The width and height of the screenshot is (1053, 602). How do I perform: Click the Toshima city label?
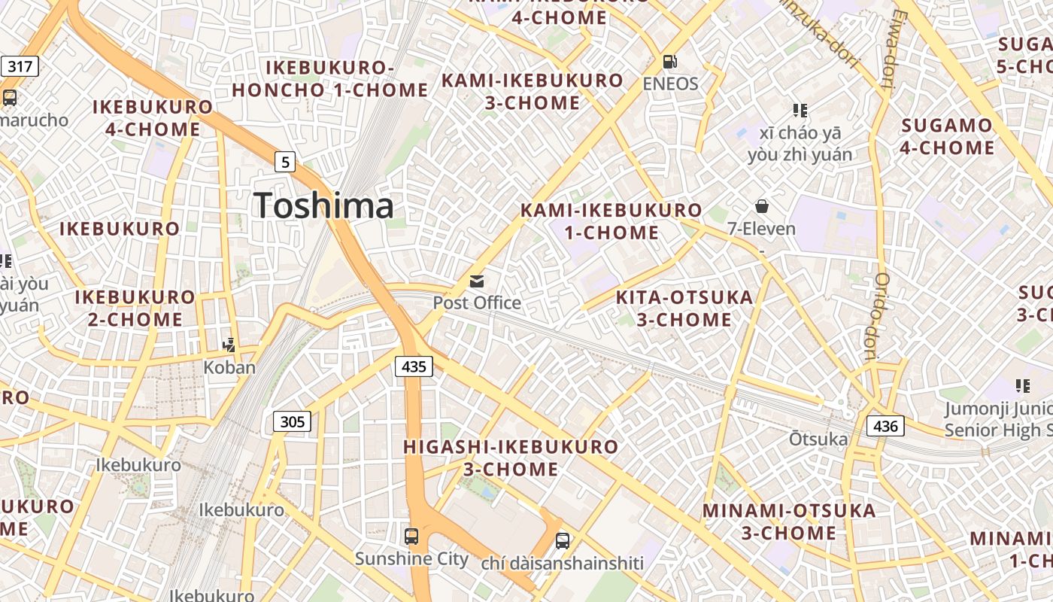click(323, 205)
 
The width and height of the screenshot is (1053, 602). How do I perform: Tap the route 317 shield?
click(20, 66)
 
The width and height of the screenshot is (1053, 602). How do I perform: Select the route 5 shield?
click(284, 161)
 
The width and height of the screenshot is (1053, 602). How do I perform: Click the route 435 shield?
click(414, 366)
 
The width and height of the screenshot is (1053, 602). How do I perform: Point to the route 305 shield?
click(292, 421)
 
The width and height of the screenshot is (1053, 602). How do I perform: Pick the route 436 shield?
click(885, 426)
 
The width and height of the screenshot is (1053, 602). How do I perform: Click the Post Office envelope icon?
click(477, 281)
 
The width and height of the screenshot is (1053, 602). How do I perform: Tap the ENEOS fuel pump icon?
click(669, 61)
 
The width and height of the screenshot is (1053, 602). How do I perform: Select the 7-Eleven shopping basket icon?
click(762, 206)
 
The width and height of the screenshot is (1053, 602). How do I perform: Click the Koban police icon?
click(229, 345)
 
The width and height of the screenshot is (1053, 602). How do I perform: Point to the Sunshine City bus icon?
click(411, 537)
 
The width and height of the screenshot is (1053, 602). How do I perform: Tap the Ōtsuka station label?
click(818, 438)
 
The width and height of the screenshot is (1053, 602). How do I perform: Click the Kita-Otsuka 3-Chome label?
click(684, 309)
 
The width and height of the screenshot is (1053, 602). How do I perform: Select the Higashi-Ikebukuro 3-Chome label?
click(511, 458)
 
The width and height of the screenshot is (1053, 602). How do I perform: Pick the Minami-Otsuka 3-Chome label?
click(789, 521)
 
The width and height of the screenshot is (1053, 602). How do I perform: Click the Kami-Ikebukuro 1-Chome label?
click(611, 221)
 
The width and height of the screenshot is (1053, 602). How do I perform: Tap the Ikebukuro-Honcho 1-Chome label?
click(330, 79)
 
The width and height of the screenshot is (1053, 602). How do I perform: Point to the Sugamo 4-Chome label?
click(947, 136)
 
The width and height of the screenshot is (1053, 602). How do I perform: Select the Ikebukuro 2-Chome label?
click(135, 308)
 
